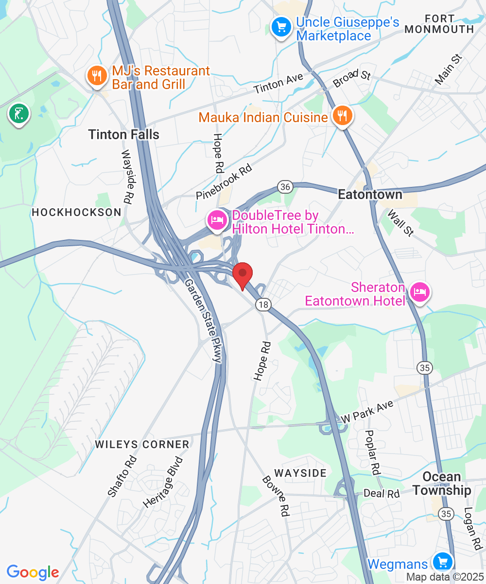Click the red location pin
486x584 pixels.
click(243, 274)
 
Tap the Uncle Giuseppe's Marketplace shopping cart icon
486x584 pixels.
click(281, 26)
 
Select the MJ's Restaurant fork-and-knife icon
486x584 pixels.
click(97, 75)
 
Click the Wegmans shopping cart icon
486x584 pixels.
click(442, 562)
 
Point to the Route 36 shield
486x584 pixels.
click(284, 186)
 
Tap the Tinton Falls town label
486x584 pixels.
click(124, 134)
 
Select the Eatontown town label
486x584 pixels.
click(370, 195)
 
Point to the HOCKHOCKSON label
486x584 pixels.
click(76, 212)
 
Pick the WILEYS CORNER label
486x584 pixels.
click(142, 444)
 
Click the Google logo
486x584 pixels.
click(33, 572)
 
